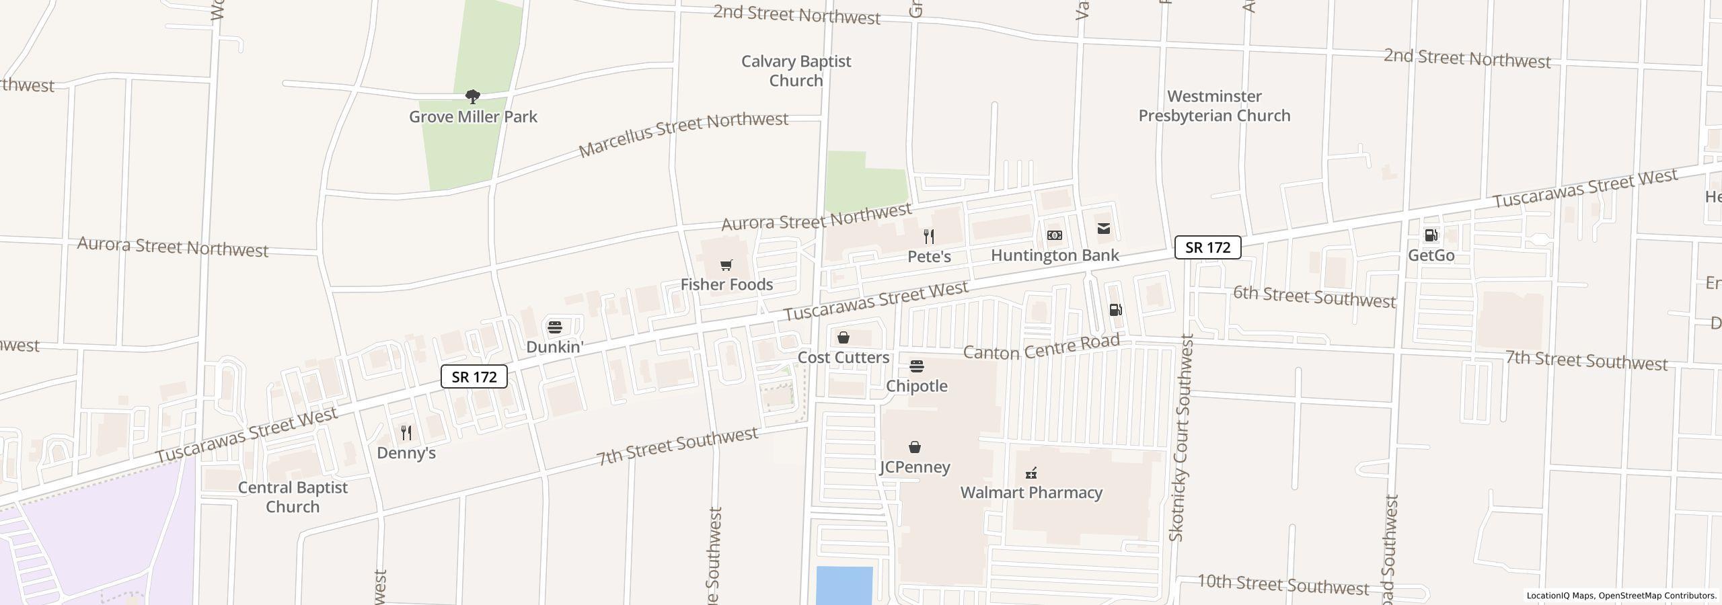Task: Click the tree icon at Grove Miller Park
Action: click(x=473, y=97)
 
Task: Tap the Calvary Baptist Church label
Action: click(x=796, y=71)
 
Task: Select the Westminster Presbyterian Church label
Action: click(x=1214, y=106)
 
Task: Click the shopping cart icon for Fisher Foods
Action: click(x=726, y=266)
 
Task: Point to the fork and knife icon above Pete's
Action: click(x=929, y=236)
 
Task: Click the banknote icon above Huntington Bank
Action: click(x=1055, y=235)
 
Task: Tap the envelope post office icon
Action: click(x=1104, y=229)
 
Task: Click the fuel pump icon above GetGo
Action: click(x=1431, y=235)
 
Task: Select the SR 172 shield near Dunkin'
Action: click(x=474, y=376)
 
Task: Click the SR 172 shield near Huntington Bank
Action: click(x=1207, y=247)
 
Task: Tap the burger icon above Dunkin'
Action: click(x=554, y=327)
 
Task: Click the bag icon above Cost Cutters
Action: click(x=843, y=337)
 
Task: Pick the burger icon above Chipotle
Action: click(x=916, y=366)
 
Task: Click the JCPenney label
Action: click(x=914, y=467)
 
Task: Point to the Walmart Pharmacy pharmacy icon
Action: click(x=1031, y=473)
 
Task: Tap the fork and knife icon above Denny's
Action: click(x=406, y=432)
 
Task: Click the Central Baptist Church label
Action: click(x=293, y=497)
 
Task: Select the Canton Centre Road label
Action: click(x=1041, y=348)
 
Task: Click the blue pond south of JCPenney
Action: click(x=844, y=585)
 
